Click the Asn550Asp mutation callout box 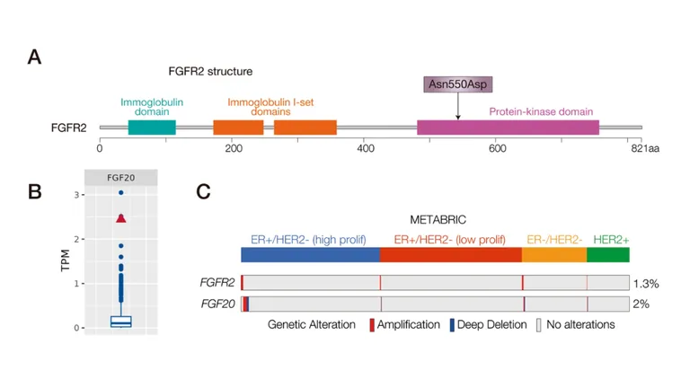[x=458, y=84]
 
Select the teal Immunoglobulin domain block [x=152, y=128]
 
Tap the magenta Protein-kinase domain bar [x=508, y=128]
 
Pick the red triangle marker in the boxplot [x=121, y=218]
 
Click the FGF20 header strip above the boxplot [x=120, y=177]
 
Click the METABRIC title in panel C [x=434, y=219]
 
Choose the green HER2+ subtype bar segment [x=608, y=254]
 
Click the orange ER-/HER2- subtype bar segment [x=554, y=254]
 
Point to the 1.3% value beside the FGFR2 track [x=646, y=283]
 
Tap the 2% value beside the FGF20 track [x=641, y=304]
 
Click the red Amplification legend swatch [x=372, y=324]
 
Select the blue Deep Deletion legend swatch [x=451, y=324]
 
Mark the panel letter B [x=35, y=190]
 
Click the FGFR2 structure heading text [x=210, y=71]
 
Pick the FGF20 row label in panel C [x=218, y=304]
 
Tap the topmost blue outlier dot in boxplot [x=121, y=193]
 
